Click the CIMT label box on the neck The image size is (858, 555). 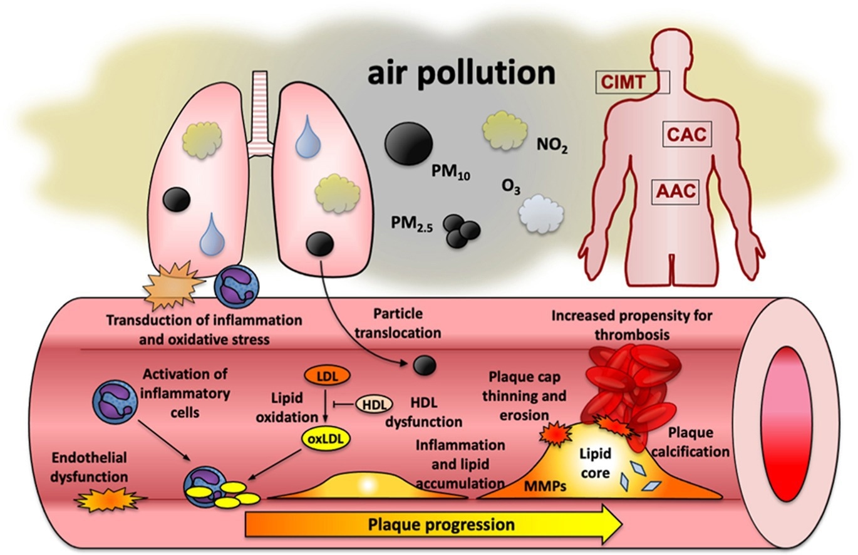click(632, 82)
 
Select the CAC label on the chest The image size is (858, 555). click(686, 134)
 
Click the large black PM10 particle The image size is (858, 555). click(408, 143)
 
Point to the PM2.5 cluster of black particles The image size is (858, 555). click(462, 232)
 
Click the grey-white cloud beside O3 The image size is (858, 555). click(541, 214)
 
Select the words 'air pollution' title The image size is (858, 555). click(460, 73)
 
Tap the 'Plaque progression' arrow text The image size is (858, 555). click(441, 524)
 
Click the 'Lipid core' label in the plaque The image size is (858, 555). click(594, 462)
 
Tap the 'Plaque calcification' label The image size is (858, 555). click(698, 442)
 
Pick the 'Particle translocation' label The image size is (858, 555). click(398, 322)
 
